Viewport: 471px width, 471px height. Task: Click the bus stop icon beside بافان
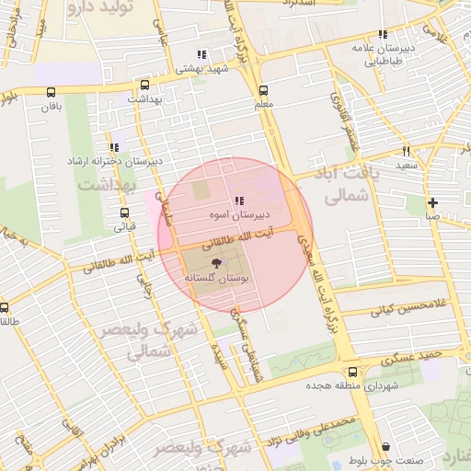tap(51, 91)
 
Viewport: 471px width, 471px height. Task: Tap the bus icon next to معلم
tap(264, 90)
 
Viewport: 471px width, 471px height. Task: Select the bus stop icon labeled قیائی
tap(125, 212)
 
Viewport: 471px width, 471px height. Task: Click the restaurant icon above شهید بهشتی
tap(201, 55)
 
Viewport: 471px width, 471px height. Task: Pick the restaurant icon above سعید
tap(406, 150)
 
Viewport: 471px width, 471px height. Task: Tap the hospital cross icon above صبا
tap(432, 202)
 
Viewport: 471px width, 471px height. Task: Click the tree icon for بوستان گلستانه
tap(216, 264)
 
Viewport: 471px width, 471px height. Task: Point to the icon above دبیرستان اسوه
tap(239, 201)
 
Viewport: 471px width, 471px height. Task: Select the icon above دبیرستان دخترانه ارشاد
tap(114, 147)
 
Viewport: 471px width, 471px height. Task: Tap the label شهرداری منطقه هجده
tap(354, 386)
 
